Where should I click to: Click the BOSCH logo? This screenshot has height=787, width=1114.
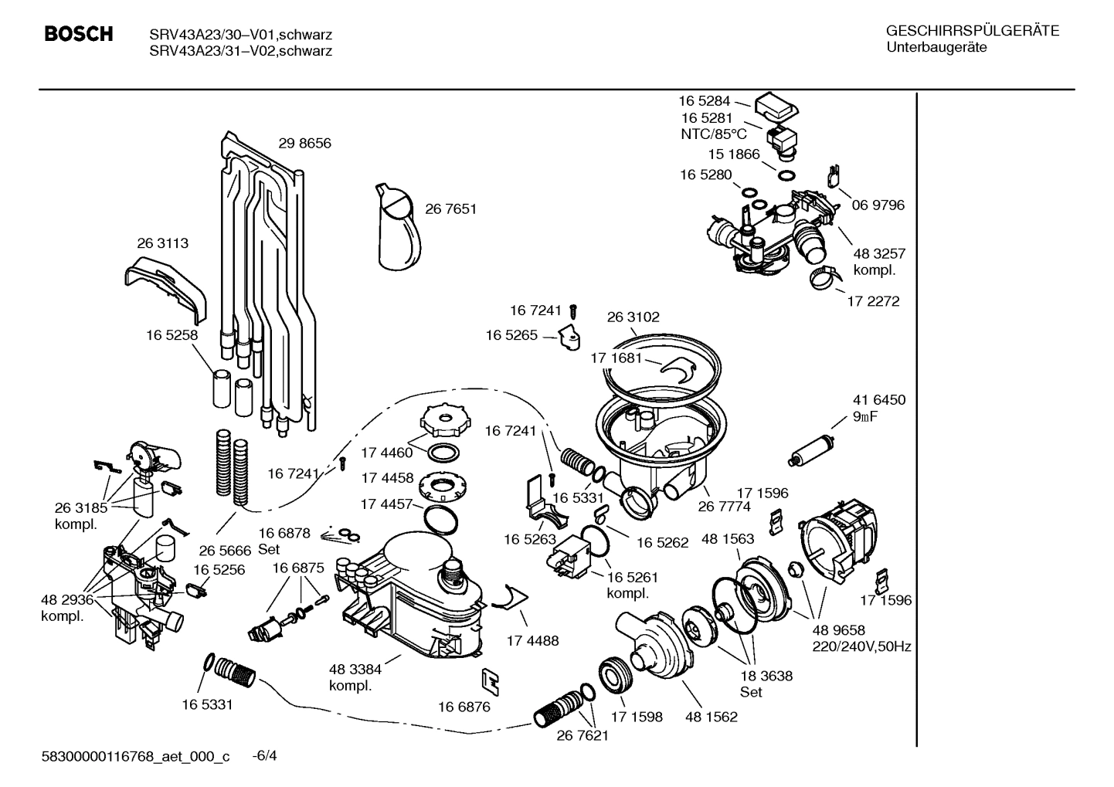click(79, 35)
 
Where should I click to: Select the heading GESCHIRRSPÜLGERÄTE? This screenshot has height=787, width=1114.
click(972, 32)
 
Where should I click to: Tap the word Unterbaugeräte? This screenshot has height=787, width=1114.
click(936, 47)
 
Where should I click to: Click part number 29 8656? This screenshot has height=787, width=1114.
click(304, 144)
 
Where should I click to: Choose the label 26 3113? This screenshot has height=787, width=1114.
click(162, 243)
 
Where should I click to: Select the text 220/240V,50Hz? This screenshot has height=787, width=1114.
click(861, 646)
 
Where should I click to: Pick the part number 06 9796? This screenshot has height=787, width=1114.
click(878, 205)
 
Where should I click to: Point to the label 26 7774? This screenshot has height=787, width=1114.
click(724, 507)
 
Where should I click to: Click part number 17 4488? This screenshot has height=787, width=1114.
click(532, 641)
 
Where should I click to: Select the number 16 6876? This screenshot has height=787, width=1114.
click(464, 707)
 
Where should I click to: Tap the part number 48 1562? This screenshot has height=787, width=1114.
click(711, 717)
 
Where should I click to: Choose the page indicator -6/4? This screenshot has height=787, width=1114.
click(265, 756)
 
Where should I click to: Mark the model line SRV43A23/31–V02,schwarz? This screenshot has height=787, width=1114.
click(241, 52)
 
